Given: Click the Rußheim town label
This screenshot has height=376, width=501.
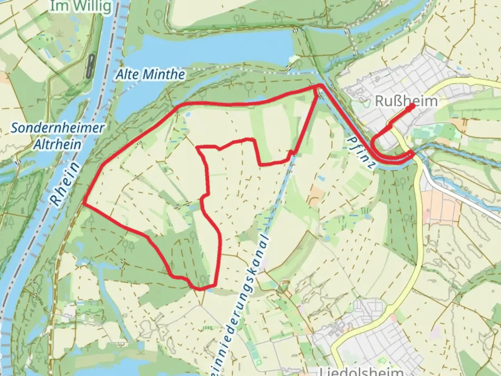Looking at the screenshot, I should (x=406, y=101).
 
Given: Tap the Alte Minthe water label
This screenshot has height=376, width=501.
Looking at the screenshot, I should (x=150, y=74).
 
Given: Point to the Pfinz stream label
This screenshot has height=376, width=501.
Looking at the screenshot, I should (x=361, y=152).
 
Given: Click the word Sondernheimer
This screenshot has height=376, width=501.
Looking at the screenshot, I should (x=57, y=128).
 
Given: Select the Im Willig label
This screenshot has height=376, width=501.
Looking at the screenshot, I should (x=81, y=6).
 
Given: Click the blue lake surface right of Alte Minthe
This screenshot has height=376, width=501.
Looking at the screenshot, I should (x=244, y=45).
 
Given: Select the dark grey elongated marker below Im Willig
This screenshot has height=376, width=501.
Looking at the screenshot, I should (x=91, y=66).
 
